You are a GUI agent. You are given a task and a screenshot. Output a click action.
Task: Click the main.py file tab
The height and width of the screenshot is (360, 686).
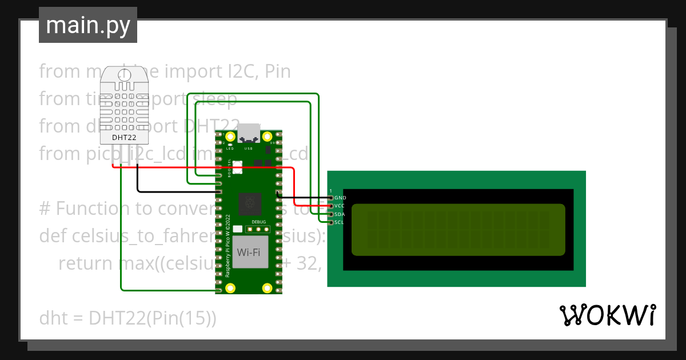[87, 25]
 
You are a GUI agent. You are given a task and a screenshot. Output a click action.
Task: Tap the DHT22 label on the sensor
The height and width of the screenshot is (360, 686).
[123, 137]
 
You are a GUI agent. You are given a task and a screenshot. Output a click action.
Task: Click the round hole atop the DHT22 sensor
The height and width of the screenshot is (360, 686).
[124, 74]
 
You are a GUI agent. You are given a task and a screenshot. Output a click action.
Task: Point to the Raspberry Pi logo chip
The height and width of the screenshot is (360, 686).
[249, 203]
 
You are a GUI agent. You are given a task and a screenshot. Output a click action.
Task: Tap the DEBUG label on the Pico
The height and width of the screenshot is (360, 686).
[258, 221]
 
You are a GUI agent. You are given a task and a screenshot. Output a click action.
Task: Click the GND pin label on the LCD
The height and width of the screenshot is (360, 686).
[340, 198]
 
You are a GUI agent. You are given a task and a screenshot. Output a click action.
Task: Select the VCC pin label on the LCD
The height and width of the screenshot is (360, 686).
[340, 206]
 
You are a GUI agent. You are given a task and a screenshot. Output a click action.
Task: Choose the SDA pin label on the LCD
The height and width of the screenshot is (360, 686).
[340, 214]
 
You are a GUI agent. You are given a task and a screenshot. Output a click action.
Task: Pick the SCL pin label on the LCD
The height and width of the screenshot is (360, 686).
[340, 222]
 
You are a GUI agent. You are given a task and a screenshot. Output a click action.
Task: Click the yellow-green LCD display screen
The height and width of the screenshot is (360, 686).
[458, 229]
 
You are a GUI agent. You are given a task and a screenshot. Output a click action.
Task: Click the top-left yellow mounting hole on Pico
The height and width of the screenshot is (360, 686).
[230, 137]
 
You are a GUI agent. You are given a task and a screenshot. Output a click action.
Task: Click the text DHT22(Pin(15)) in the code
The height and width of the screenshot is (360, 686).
[152, 318]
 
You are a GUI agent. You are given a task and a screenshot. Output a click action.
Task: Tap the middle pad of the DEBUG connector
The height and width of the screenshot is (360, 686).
[258, 229]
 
